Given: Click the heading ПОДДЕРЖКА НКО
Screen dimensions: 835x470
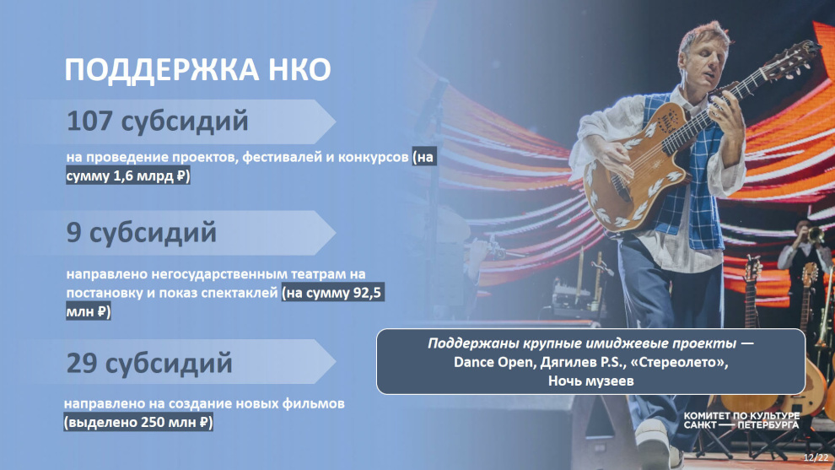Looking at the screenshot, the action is (197, 70).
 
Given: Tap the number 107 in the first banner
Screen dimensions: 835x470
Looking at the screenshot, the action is (89, 121).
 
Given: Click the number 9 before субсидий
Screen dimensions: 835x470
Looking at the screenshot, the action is (73, 232).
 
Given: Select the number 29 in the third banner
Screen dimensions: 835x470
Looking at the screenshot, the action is (82, 364).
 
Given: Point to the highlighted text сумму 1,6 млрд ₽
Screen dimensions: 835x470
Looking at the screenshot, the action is (128, 176).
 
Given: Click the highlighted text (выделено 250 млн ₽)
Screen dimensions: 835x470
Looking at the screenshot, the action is (138, 423).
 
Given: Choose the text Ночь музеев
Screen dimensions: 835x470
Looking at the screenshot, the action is (590, 381).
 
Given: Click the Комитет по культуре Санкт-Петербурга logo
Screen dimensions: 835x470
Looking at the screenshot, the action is (741, 420).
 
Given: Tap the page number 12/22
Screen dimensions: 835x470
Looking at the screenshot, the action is (816, 457).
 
